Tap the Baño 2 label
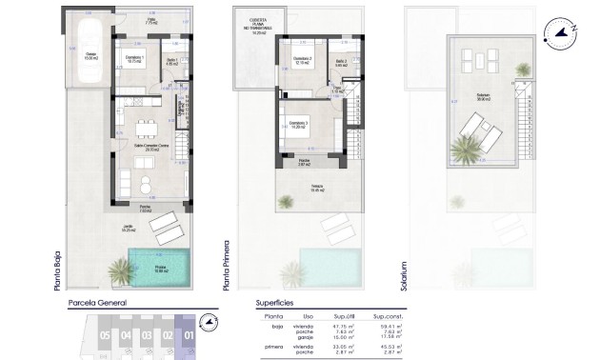342,63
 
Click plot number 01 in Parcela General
189,334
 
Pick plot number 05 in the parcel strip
103,334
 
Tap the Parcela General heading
97,305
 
